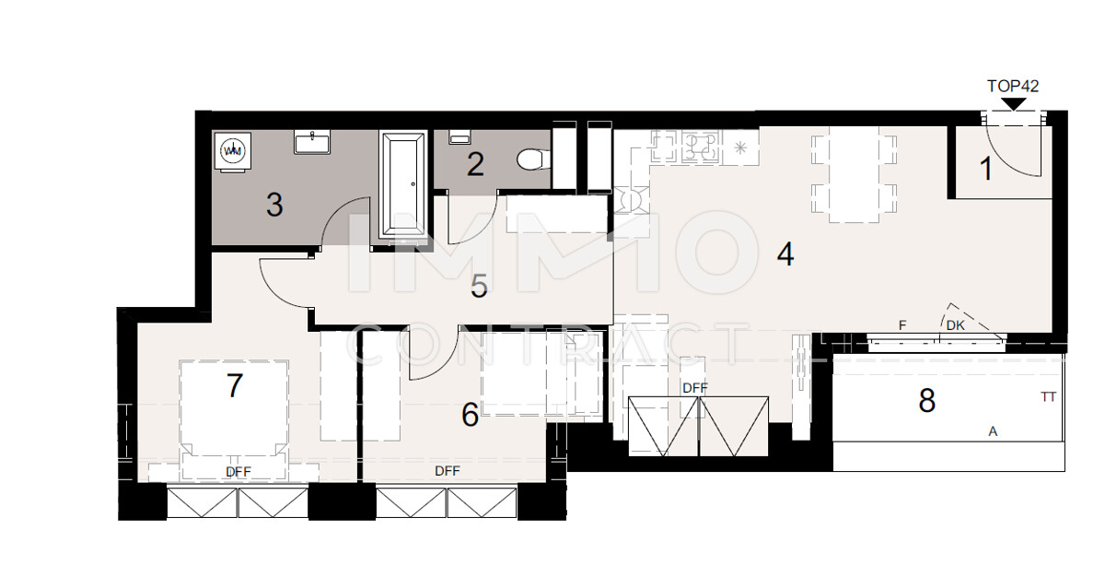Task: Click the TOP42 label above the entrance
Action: tap(1013, 86)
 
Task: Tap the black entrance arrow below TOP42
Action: tap(1013, 103)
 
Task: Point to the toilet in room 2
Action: tap(531, 160)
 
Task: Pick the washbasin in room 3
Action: tap(313, 142)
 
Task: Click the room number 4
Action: tap(785, 253)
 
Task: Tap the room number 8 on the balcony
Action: tap(926, 401)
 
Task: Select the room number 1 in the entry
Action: tap(985, 169)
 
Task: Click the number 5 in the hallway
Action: tap(479, 286)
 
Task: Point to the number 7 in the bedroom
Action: tap(235, 385)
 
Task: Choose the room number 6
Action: tap(470, 416)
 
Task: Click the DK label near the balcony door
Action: tap(955, 325)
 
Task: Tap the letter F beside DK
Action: tap(902, 325)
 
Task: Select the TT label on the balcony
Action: tap(1047, 397)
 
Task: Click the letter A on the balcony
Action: tap(993, 430)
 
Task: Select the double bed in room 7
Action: tap(235, 415)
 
